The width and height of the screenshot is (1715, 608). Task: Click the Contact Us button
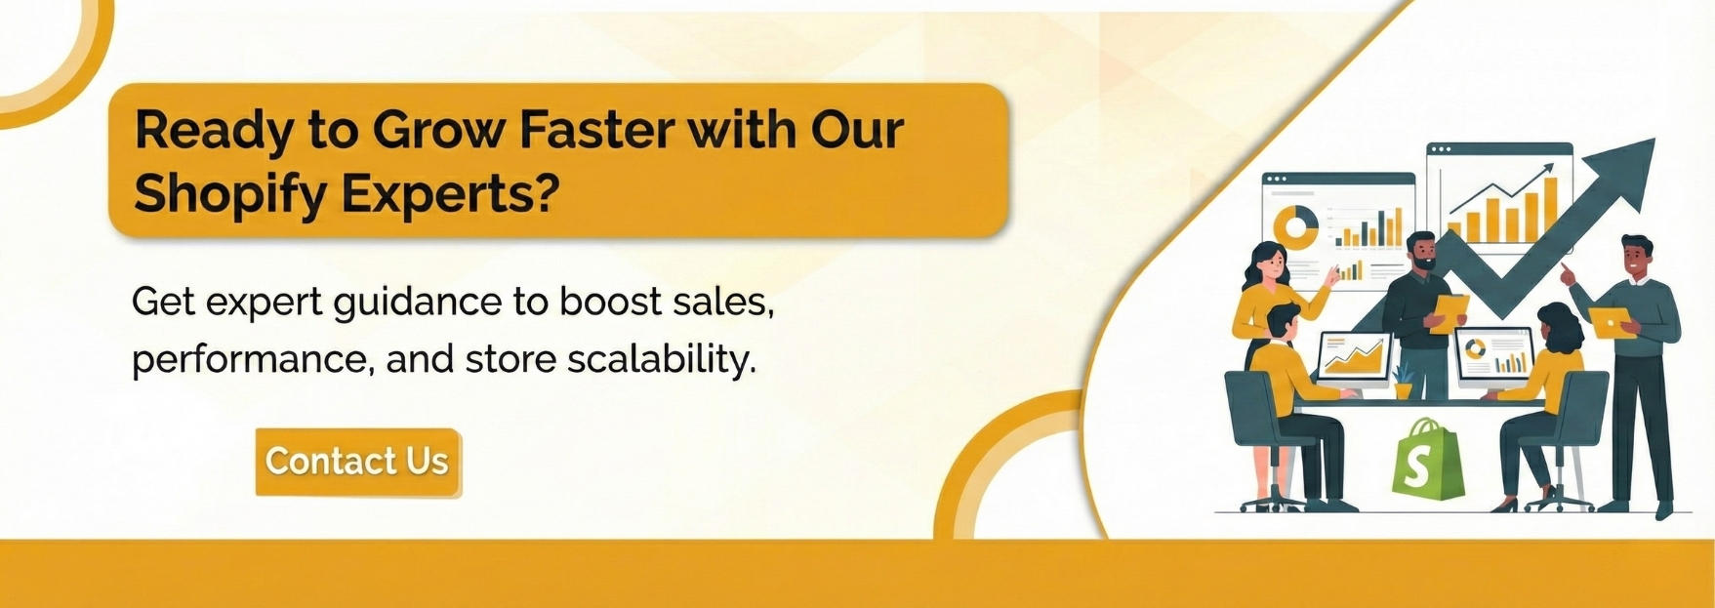(358, 462)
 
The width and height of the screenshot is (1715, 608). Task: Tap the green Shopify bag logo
(1427, 462)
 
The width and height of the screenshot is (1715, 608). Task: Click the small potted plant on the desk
(1403, 382)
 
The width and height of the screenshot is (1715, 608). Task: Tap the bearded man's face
(1422, 253)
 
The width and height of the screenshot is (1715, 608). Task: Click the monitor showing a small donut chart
(1493, 356)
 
